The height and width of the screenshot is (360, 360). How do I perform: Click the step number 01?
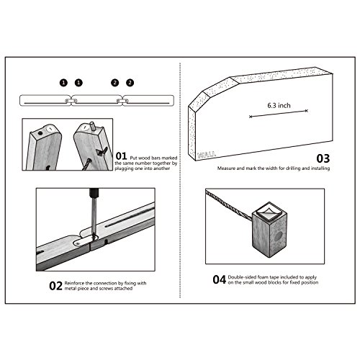click(x=121, y=156)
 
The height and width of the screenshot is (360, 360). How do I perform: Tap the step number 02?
click(x=55, y=286)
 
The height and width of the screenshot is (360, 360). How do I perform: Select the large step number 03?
click(x=323, y=158)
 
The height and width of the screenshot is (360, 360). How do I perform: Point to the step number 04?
click(x=219, y=279)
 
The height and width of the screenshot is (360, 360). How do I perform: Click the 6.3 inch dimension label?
click(x=279, y=106)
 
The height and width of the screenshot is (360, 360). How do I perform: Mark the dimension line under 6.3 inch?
click(x=279, y=114)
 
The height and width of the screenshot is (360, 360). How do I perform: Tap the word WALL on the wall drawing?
click(x=206, y=155)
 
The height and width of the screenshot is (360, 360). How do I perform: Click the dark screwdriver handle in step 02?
click(x=94, y=192)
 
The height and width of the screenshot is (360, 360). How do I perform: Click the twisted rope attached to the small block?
click(x=229, y=204)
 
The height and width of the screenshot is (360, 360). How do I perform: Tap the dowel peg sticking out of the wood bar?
click(x=92, y=126)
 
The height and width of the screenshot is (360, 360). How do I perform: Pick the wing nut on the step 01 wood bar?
click(x=101, y=152)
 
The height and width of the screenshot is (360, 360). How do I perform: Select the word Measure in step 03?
click(x=226, y=168)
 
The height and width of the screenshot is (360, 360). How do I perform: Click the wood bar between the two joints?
click(x=97, y=100)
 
